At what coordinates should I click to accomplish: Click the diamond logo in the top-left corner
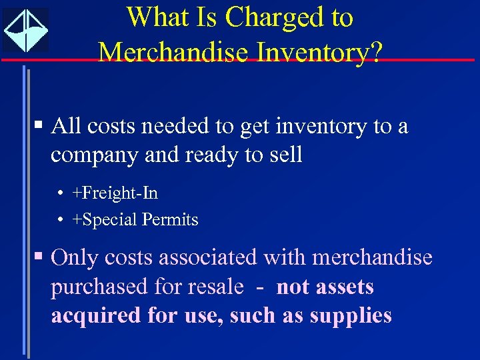click(x=25, y=30)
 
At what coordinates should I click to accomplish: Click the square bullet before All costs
click(x=41, y=125)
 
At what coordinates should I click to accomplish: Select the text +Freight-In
click(x=115, y=193)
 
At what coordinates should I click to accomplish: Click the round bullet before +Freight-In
click(x=60, y=194)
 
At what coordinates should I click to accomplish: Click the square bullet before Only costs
click(x=41, y=256)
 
